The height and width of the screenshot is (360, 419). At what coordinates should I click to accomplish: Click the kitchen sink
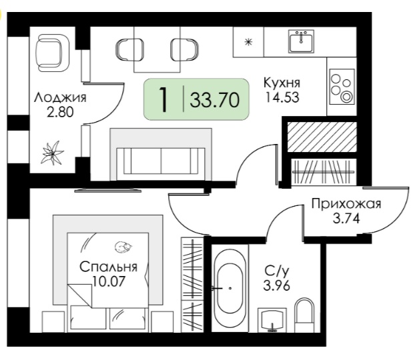[301, 41]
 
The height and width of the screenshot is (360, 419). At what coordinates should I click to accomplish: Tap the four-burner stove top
[342, 87]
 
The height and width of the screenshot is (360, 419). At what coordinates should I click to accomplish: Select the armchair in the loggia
[52, 53]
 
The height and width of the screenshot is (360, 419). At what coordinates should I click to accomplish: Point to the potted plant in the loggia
[51, 153]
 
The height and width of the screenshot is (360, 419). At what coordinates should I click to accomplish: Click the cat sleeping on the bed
[123, 247]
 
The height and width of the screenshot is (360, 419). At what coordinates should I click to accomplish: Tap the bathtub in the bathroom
[230, 289]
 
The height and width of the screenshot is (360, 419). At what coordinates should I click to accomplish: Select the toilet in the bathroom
[304, 315]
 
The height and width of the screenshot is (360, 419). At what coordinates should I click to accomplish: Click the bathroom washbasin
[272, 320]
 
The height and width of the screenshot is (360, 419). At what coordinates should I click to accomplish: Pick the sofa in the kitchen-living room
[161, 154]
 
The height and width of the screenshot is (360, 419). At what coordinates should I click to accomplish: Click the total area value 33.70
[215, 100]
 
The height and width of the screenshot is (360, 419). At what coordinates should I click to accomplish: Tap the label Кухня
[282, 83]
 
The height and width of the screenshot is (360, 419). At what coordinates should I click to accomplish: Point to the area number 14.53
[282, 97]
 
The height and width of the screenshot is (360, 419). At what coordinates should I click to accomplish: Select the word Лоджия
[60, 97]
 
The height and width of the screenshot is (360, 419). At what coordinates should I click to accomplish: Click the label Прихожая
[346, 204]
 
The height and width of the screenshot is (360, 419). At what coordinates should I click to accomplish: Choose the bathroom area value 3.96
[277, 286]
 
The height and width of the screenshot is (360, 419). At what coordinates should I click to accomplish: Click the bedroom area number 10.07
[108, 281]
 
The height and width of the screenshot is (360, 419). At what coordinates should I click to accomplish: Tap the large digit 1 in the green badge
[163, 99]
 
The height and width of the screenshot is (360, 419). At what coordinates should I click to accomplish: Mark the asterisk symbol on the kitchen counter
[248, 42]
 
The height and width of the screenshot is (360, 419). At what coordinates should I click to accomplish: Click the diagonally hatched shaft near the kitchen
[322, 137]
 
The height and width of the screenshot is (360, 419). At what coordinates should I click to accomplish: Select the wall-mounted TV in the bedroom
[107, 190]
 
